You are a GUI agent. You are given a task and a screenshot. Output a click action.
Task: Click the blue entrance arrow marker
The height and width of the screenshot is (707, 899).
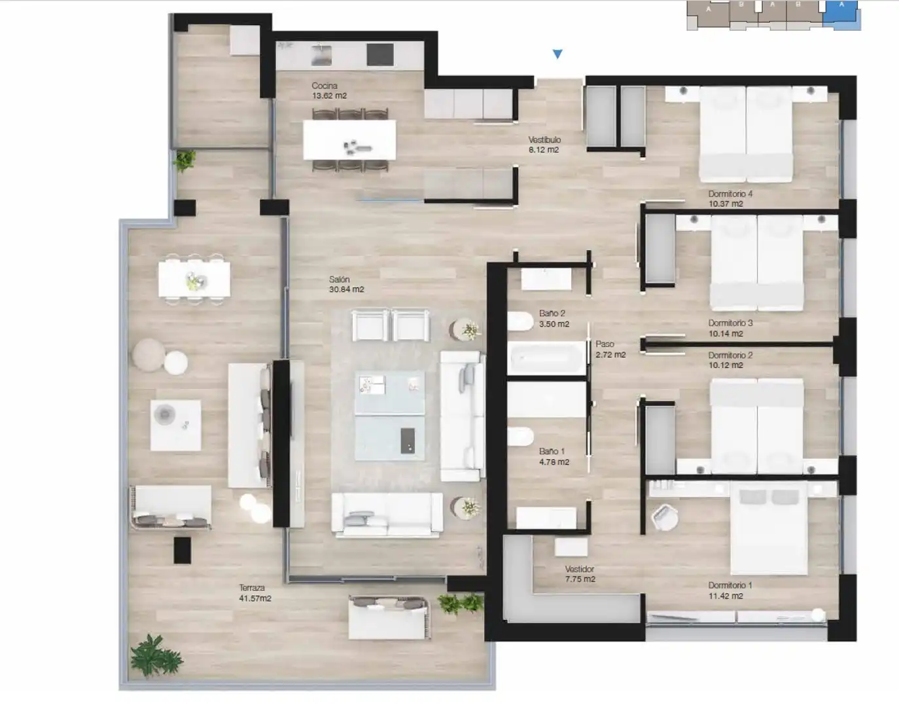point(557,54)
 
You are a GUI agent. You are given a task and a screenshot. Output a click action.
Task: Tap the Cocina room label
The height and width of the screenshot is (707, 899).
point(325,86)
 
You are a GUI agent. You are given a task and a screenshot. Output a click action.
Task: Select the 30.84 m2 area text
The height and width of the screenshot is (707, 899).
point(346,289)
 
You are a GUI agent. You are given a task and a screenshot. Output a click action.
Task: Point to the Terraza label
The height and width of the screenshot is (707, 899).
point(251,588)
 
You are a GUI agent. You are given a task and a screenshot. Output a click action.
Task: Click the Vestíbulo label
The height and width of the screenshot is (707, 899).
point(544,140)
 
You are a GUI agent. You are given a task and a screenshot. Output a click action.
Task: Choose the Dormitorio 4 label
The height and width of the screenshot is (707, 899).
point(730,194)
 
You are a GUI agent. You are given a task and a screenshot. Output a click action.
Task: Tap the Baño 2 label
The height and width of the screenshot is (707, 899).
point(552,314)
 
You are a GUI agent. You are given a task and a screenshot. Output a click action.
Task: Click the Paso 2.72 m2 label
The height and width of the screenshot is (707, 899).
point(610,349)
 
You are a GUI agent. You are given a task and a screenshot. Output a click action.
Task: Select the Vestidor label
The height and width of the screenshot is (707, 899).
point(580,569)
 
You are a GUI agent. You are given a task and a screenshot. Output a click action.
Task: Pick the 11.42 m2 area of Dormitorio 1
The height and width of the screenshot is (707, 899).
point(726,596)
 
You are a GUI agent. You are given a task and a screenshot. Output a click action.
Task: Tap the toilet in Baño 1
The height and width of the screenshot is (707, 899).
point(520,437)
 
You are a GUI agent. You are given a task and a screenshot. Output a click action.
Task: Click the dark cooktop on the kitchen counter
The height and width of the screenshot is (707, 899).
point(379,54)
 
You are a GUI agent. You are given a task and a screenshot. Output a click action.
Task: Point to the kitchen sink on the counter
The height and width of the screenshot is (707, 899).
point(321,55)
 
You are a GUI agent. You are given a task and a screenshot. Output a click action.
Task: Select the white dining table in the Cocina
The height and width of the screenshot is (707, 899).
point(349,140)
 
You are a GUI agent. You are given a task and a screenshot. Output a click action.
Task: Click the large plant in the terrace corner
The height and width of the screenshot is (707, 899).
point(156,657)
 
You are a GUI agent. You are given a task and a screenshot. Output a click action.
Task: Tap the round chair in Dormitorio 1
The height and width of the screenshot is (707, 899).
point(664,517)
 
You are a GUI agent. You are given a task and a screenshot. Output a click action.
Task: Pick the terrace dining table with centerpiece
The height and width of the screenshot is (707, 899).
point(194,280)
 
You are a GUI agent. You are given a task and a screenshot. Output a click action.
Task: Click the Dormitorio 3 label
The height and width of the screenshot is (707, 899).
point(730,323)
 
